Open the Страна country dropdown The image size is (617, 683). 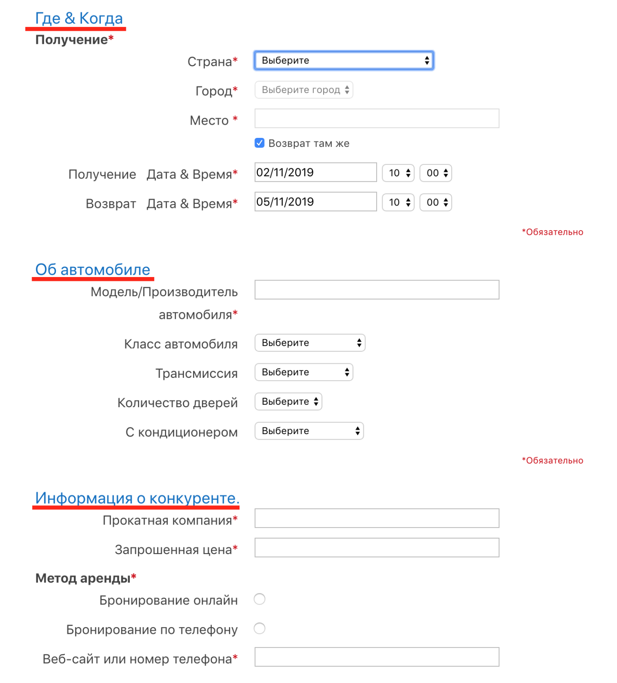[x=344, y=61]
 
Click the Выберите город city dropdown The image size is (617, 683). [x=304, y=90]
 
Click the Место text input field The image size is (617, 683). [x=377, y=118]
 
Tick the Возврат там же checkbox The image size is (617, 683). [x=260, y=143]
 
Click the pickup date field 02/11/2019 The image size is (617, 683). [x=316, y=172]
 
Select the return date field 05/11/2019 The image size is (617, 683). [x=316, y=202]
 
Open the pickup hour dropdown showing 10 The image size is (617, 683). [x=398, y=173]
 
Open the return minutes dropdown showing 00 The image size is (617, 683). [x=436, y=202]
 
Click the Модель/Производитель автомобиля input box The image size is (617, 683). [x=377, y=290]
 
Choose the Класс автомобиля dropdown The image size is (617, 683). [x=310, y=343]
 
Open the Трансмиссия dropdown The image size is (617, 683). [x=304, y=372]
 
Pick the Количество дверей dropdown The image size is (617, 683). [x=288, y=402]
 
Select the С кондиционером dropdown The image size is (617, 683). [x=309, y=431]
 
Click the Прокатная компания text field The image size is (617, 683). [x=377, y=518]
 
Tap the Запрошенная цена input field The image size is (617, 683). [x=377, y=548]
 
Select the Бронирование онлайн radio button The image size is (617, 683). [x=260, y=599]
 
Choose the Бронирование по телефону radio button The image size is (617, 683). [x=260, y=629]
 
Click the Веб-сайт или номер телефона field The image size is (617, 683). [x=377, y=657]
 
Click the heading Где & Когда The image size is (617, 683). [x=79, y=18]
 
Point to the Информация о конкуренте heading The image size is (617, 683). [x=137, y=498]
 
